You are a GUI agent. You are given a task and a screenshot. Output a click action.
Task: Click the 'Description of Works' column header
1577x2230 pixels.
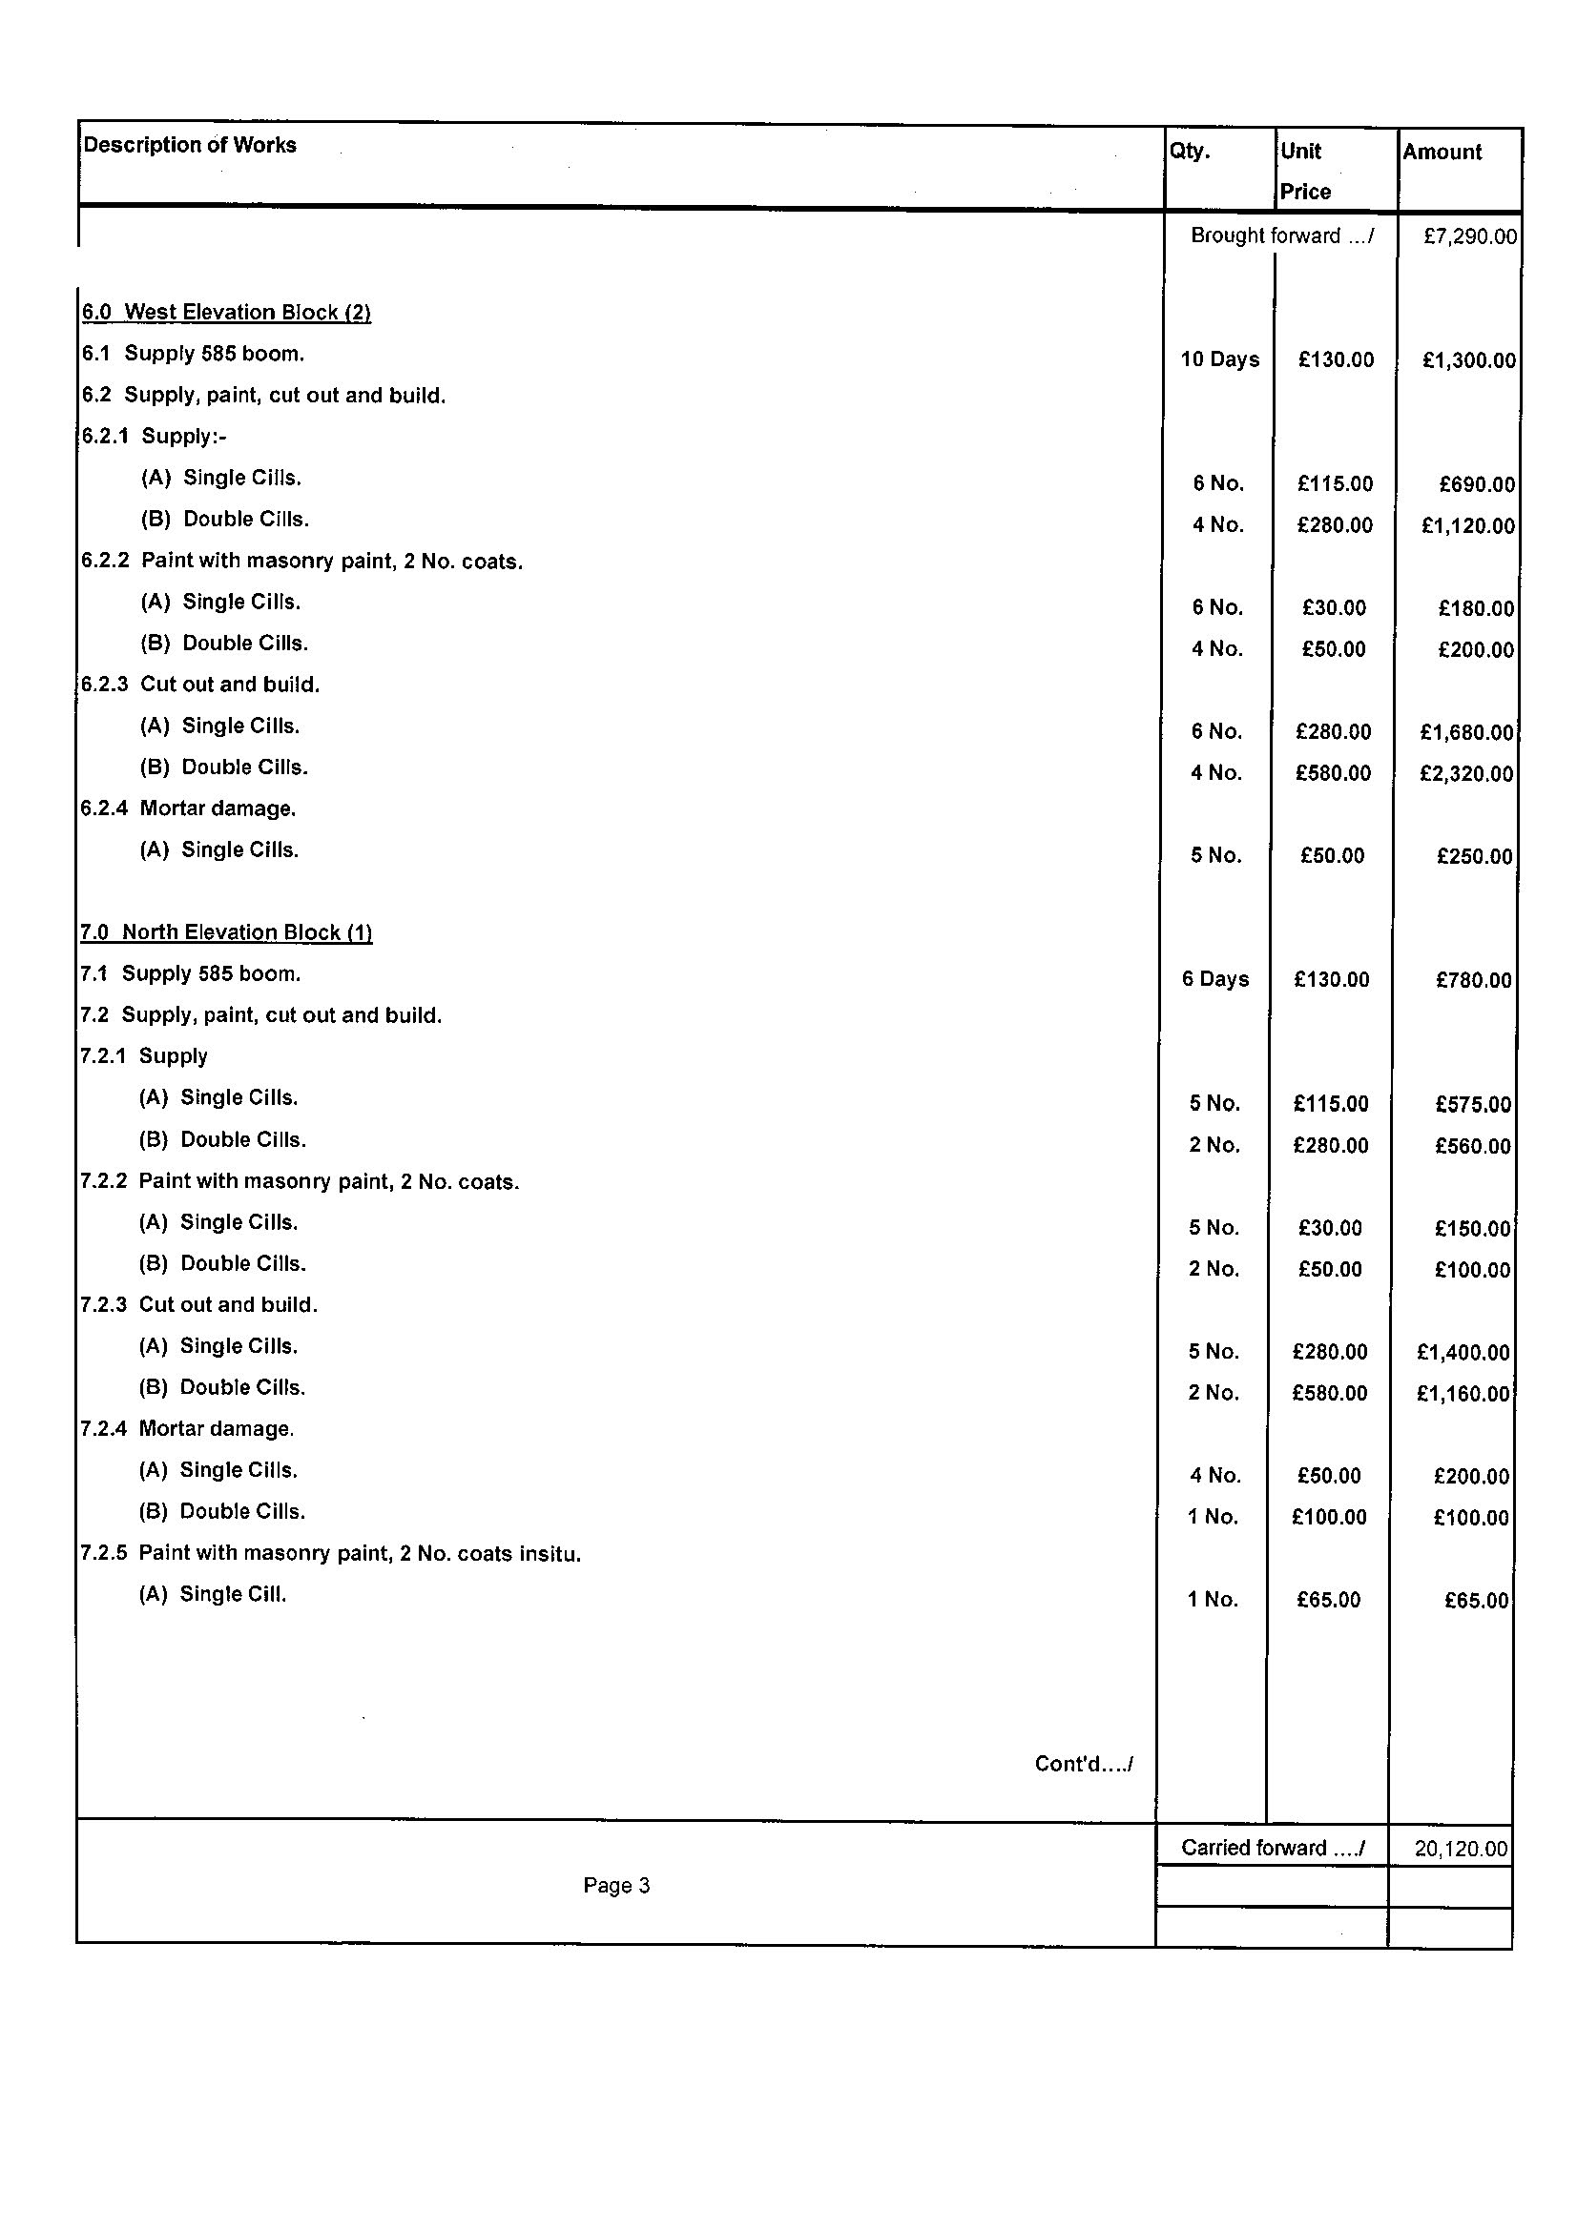coord(190,145)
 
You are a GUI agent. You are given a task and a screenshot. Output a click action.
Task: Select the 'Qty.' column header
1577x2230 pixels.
coord(1190,151)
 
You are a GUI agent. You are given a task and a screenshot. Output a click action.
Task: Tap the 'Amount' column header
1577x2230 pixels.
coord(1442,152)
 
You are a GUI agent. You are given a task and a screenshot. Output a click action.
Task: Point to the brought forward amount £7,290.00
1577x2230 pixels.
coord(1469,236)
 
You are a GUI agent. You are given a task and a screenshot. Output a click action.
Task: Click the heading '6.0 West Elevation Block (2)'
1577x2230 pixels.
coord(226,312)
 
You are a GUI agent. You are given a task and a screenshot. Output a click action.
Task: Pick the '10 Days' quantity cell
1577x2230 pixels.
coord(1219,359)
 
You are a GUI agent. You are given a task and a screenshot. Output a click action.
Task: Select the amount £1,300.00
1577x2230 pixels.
coord(1468,360)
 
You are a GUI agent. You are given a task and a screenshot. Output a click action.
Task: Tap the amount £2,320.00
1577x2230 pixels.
coord(1466,773)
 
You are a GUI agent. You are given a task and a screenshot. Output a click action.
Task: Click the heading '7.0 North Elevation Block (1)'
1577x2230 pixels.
coord(225,932)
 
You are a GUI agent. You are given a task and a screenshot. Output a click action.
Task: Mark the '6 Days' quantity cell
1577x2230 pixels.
coord(1214,979)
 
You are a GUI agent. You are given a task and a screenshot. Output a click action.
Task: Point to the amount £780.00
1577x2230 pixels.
coord(1473,980)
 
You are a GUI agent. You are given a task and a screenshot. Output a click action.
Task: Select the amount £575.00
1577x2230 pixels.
coord(1473,1104)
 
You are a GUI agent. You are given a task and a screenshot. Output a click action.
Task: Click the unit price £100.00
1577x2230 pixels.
coord(1328,1517)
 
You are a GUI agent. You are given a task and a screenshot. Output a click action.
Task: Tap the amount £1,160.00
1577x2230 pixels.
coord(1463,1394)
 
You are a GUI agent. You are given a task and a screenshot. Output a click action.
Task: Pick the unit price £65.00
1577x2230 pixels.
coord(1328,1600)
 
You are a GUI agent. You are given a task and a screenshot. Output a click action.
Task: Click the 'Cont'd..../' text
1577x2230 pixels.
coord(1084,1764)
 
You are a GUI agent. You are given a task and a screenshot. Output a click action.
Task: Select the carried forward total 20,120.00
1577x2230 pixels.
coord(1461,1849)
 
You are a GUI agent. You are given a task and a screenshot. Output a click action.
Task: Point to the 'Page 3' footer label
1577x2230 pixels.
coord(616,1885)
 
